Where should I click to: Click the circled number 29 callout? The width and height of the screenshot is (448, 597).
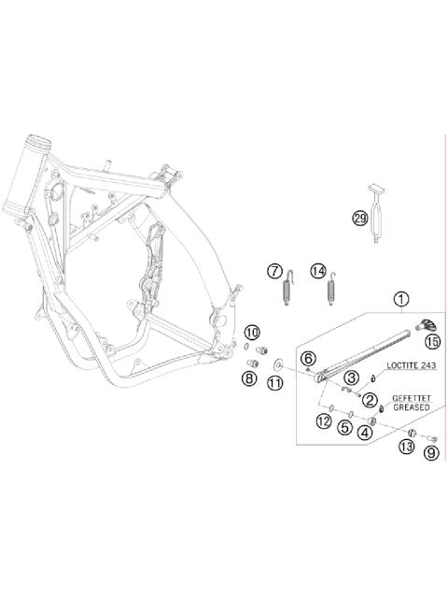coord(359,219)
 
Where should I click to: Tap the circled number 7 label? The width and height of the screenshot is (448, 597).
coord(274,271)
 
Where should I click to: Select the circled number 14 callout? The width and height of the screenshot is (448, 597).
coord(318,271)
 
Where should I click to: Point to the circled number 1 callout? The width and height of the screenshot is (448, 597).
coord(400,300)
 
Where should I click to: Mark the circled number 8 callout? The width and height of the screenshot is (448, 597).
coord(249,378)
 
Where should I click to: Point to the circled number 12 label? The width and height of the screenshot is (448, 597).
coord(323,421)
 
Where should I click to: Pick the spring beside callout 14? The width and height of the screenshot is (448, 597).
coord(330,289)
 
